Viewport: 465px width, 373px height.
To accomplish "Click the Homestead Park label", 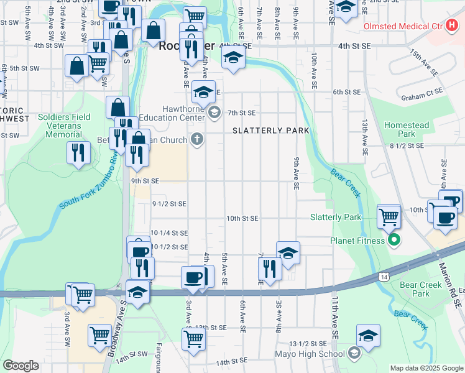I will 407,129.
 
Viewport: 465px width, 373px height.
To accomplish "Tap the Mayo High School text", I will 310,354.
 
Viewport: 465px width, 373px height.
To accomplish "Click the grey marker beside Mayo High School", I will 354,354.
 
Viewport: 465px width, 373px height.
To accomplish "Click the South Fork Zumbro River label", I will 88,178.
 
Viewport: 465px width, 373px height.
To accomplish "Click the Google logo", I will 21,366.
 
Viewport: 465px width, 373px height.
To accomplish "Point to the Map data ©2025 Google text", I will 426,368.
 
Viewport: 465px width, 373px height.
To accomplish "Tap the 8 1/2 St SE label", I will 407,145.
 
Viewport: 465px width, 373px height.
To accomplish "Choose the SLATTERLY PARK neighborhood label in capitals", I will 271,131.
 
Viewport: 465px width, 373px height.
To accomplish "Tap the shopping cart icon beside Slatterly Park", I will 389,217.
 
